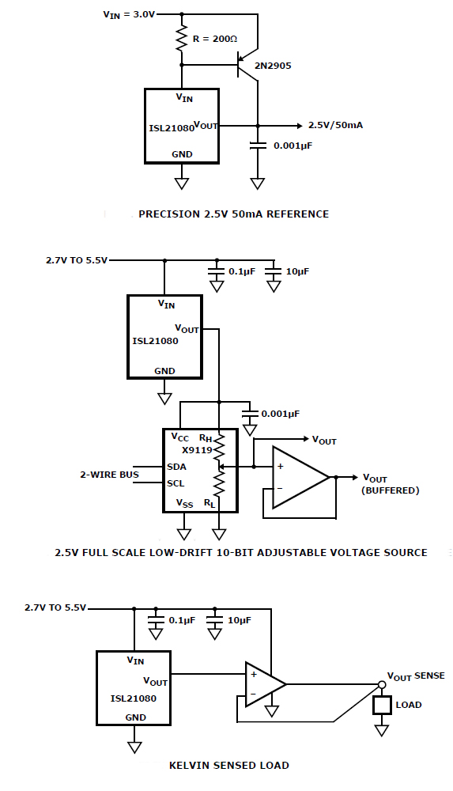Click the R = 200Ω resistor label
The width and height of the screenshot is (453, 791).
pyautogui.click(x=215, y=38)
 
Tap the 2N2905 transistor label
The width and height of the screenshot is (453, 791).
pyautogui.click(x=273, y=66)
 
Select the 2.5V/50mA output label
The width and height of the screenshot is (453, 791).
pyautogui.click(x=335, y=125)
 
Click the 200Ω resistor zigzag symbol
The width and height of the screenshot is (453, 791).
pyautogui.click(x=182, y=38)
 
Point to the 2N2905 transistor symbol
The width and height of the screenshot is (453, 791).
pyautogui.click(x=247, y=65)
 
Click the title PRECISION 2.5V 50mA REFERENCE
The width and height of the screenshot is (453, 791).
pyautogui.click(x=233, y=214)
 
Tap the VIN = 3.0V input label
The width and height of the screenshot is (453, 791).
pyautogui.click(x=129, y=14)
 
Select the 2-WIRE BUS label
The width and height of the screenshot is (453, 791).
pyautogui.click(x=109, y=475)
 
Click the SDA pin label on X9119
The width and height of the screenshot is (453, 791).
pyautogui.click(x=176, y=467)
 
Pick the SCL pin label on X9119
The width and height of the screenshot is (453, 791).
pyautogui.click(x=176, y=483)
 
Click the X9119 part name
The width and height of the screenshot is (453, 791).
pyautogui.click(x=197, y=450)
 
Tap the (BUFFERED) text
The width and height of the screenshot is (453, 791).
pyautogui.click(x=391, y=490)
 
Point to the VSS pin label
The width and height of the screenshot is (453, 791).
pyautogui.click(x=185, y=503)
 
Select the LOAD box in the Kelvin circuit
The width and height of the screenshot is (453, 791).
pyautogui.click(x=383, y=705)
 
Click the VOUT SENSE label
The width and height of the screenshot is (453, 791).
pyautogui.click(x=416, y=676)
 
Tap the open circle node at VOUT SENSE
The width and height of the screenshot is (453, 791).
pyautogui.click(x=382, y=684)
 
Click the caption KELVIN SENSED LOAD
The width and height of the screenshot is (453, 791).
pyautogui.click(x=229, y=765)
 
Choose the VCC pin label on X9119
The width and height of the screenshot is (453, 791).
pyautogui.click(x=180, y=437)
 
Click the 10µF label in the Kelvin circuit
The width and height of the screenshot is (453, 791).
pyautogui.click(x=239, y=620)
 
